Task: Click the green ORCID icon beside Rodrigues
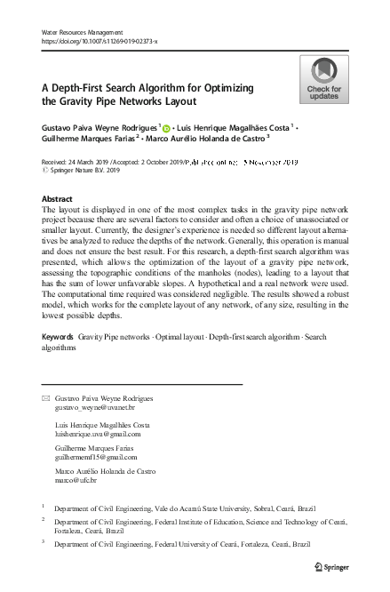pos(165,129)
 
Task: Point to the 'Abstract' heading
pos(57,200)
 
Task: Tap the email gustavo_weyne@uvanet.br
pos(93,406)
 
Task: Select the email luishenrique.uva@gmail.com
pos(98,433)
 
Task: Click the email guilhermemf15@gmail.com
pos(96,456)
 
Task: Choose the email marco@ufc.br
pos(80,480)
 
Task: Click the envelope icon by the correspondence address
pos(47,398)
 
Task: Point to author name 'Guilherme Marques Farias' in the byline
pos(89,140)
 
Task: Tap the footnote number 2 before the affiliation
pos(43,522)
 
